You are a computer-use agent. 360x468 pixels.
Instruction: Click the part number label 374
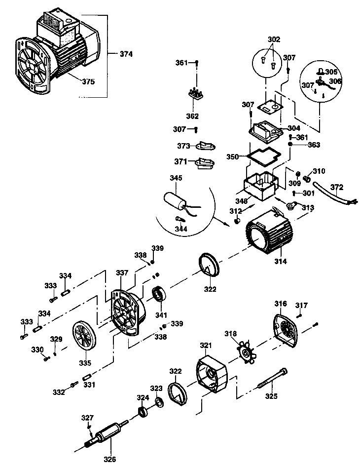coord(126,54)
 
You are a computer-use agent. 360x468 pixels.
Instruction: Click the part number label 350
coord(233,156)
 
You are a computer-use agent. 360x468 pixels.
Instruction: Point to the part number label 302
coord(273,39)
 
